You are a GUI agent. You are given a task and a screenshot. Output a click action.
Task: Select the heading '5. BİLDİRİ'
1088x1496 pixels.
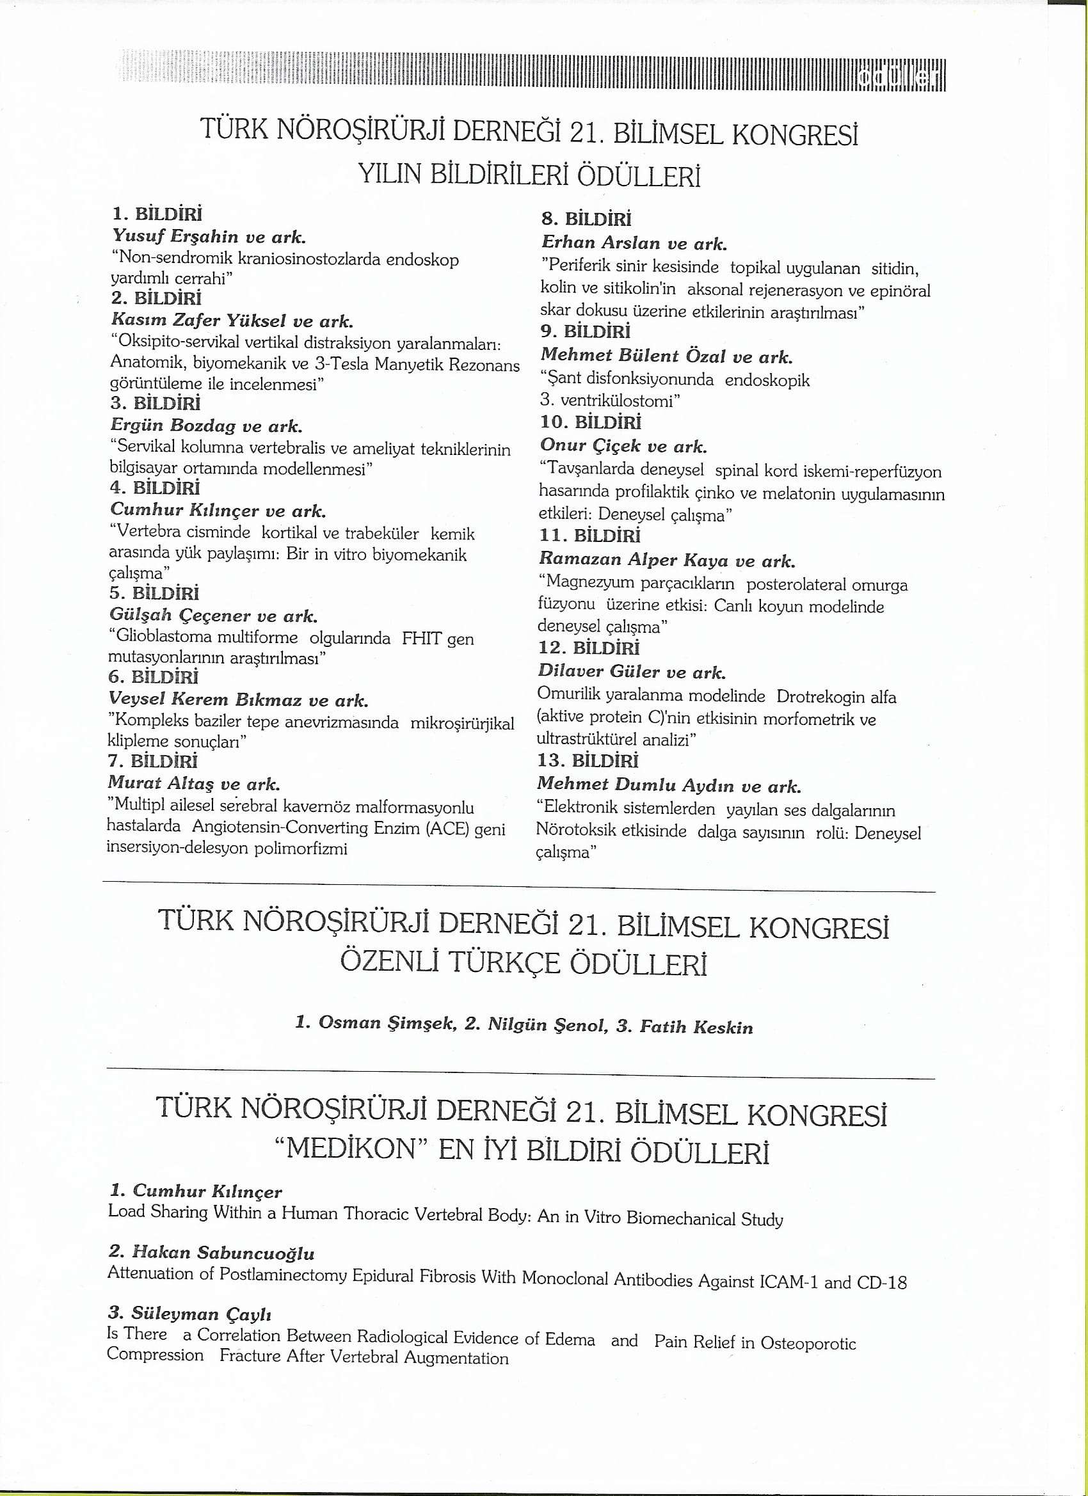[155, 593]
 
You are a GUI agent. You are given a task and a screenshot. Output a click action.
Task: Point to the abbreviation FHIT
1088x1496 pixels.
[422, 639]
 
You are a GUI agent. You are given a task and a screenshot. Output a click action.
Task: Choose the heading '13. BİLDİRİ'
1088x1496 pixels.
[588, 761]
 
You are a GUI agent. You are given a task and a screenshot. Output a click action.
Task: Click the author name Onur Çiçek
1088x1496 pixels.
[589, 446]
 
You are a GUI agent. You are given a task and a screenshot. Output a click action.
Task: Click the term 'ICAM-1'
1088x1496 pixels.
[789, 1281]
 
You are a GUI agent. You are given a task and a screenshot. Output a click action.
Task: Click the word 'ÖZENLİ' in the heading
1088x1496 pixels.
[388, 964]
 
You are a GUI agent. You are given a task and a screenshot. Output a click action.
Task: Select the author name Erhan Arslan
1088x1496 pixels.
[600, 243]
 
